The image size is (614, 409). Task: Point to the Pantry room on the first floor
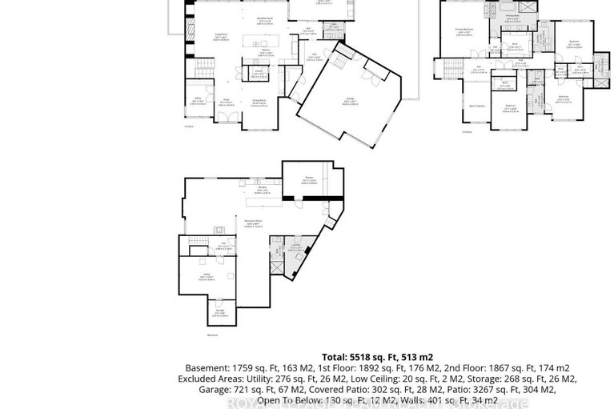point(259,73)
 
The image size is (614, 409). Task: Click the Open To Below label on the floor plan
point(478,105)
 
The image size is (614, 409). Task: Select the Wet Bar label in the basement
point(261,190)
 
